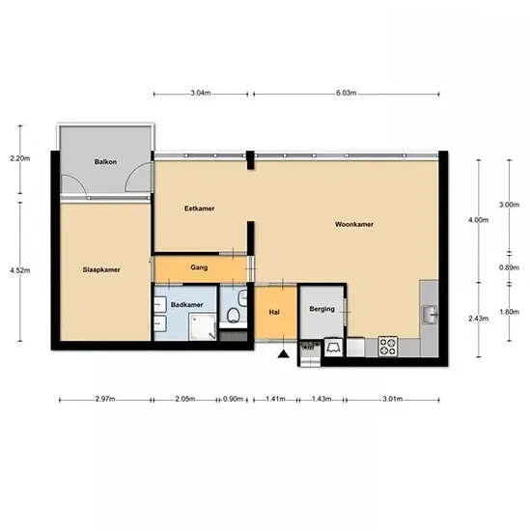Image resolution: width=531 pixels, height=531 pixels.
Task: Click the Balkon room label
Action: (105, 162)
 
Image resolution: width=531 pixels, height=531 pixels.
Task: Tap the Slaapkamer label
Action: (101, 270)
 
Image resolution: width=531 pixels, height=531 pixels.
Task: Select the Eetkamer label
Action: (200, 209)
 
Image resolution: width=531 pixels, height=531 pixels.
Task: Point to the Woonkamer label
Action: (354, 224)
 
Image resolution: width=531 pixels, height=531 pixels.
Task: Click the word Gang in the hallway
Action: (199, 267)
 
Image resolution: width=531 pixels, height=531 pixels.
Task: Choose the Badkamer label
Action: (187, 305)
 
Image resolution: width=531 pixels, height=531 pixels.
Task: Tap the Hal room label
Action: (274, 312)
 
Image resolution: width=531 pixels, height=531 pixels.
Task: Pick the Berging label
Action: (322, 309)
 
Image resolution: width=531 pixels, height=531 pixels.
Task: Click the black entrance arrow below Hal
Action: (284, 354)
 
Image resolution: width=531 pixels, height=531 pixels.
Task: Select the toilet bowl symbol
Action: (233, 315)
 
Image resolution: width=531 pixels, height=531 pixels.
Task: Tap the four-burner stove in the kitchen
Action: (388, 346)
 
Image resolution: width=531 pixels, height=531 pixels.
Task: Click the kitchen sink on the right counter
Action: (430, 315)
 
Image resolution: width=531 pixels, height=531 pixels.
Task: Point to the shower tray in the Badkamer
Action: (203, 326)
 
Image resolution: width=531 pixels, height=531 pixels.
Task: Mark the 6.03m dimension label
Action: (346, 93)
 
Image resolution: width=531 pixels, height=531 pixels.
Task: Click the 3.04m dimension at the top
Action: (201, 93)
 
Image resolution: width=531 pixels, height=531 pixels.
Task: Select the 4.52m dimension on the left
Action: (20, 270)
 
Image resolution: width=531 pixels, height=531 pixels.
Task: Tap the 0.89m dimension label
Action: (509, 267)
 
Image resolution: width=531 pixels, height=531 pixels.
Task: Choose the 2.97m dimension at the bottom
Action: (105, 399)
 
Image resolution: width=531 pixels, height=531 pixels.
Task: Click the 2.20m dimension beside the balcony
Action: (20, 158)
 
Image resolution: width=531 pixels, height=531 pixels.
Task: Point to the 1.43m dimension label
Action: (321, 399)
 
